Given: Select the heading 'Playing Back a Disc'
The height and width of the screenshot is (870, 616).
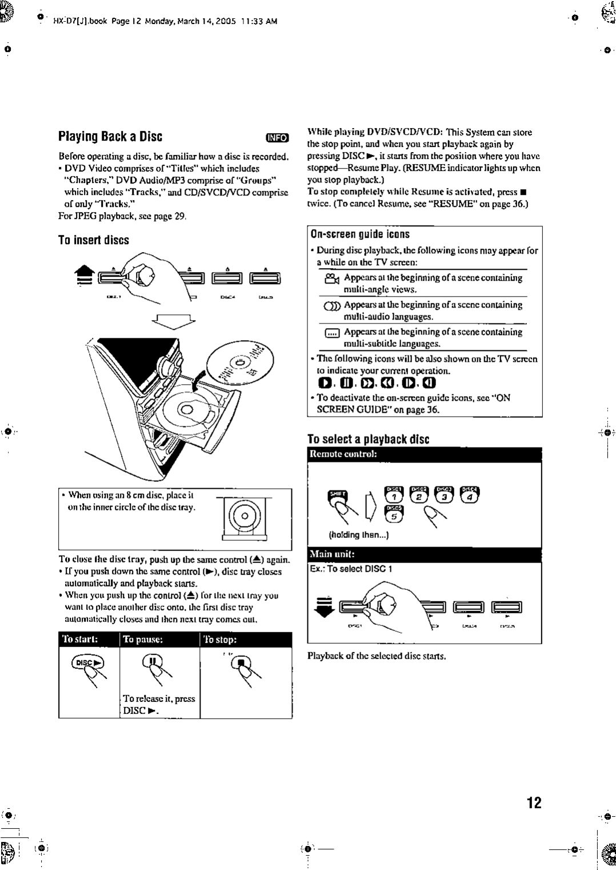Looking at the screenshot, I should click(110, 137).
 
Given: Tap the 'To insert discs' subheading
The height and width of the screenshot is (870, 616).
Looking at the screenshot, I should click(94, 240).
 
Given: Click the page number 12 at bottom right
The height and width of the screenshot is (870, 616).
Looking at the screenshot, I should click(534, 802).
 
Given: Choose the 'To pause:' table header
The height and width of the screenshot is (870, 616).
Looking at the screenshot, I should click(144, 639).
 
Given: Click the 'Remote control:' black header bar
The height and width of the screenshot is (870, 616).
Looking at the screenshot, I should click(423, 454).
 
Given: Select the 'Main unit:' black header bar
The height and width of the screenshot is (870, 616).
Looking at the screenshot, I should click(423, 554).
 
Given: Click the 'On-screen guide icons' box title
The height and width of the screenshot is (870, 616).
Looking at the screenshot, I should click(360, 234).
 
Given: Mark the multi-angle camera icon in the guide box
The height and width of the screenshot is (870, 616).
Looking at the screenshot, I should click(331, 278).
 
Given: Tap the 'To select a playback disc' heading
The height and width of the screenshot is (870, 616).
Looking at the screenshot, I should click(368, 439).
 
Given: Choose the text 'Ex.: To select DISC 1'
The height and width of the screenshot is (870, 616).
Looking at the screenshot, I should click(351, 569).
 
